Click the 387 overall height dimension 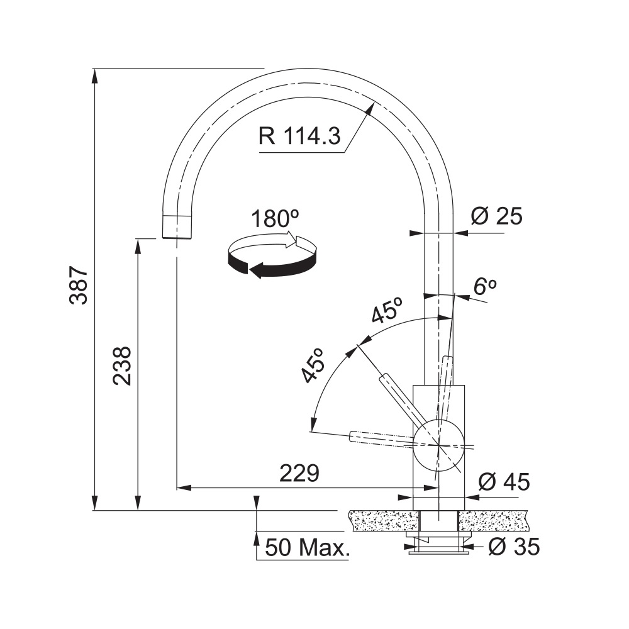(78, 285)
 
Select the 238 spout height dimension (121, 365)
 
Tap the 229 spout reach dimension (299, 473)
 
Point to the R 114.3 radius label (299, 136)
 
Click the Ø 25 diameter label (497, 216)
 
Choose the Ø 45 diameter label (504, 481)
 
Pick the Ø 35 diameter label (515, 547)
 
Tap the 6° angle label (485, 286)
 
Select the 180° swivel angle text (275, 219)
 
